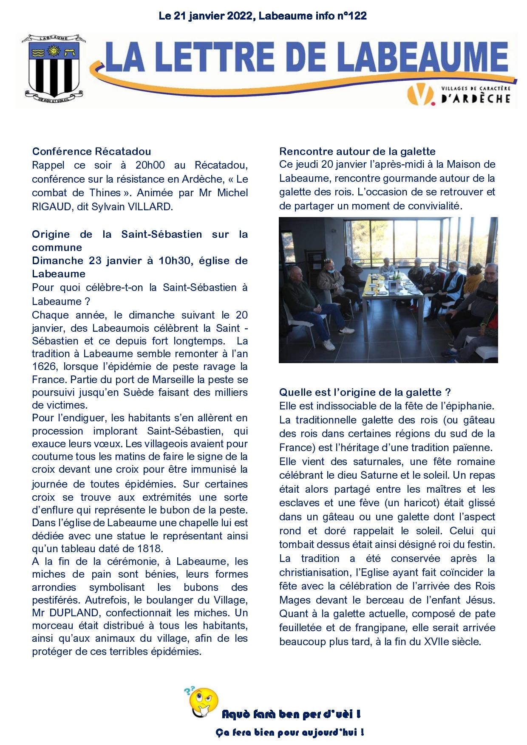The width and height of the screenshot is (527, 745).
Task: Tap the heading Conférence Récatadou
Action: point(91,152)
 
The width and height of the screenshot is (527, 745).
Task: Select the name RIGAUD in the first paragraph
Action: point(48,207)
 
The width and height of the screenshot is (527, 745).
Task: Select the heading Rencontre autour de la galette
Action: point(357,152)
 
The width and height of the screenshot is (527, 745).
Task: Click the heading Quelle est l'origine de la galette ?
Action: point(365,392)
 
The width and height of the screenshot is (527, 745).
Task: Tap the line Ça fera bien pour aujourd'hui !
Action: point(289,732)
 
